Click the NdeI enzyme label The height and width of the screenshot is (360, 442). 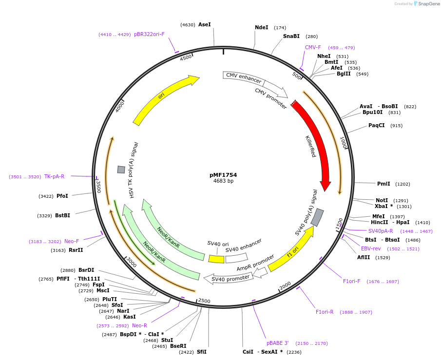click(x=262, y=28)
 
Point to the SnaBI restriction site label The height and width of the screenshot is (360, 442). click(x=291, y=37)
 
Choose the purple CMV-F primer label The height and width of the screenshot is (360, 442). click(x=313, y=48)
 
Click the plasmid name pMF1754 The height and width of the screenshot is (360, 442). click(x=223, y=175)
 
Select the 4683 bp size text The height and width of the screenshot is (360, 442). click(x=223, y=181)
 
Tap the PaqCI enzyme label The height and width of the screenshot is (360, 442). click(x=377, y=126)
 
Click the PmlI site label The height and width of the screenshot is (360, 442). click(x=384, y=184)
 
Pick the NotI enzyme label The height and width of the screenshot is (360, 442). click(x=382, y=200)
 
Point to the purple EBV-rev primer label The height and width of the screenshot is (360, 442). click(x=371, y=249)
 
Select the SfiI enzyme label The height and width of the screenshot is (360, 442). click(x=202, y=352)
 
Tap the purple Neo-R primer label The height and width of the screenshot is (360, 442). click(x=139, y=325)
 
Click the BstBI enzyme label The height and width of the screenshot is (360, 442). click(x=62, y=215)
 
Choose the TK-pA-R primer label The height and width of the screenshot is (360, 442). click(x=54, y=176)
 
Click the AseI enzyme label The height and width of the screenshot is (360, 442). click(x=205, y=24)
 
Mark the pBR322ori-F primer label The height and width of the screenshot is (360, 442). click(x=149, y=35)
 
